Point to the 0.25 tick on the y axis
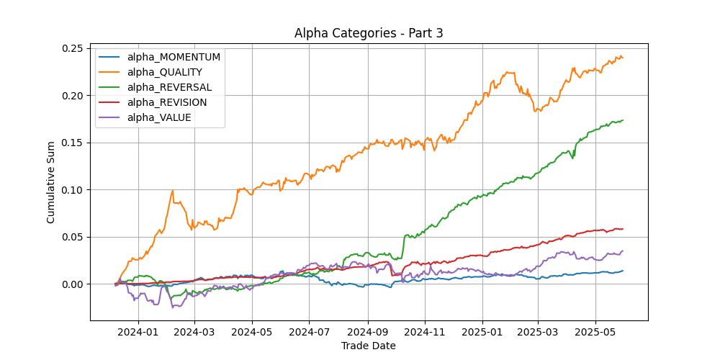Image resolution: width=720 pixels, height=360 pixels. (x=73, y=48)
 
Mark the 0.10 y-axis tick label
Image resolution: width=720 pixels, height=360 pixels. (x=73, y=190)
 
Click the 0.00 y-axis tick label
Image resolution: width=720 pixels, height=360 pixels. (x=73, y=284)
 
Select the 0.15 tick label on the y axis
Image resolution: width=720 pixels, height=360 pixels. (x=73, y=143)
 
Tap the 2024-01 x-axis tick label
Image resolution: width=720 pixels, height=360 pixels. (x=138, y=333)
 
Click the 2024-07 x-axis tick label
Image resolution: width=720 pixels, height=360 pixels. (x=309, y=333)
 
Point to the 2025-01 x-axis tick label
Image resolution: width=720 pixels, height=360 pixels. (x=482, y=333)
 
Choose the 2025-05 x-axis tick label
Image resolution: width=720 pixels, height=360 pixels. (x=595, y=333)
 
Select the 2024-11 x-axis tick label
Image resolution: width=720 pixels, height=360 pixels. (x=425, y=333)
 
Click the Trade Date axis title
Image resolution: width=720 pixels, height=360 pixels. (x=368, y=346)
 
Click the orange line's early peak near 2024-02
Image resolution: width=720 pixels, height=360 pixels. (x=173, y=191)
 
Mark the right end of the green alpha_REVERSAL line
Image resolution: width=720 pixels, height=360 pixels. (x=623, y=120)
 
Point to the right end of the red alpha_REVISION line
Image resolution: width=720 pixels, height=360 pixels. (x=623, y=229)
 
